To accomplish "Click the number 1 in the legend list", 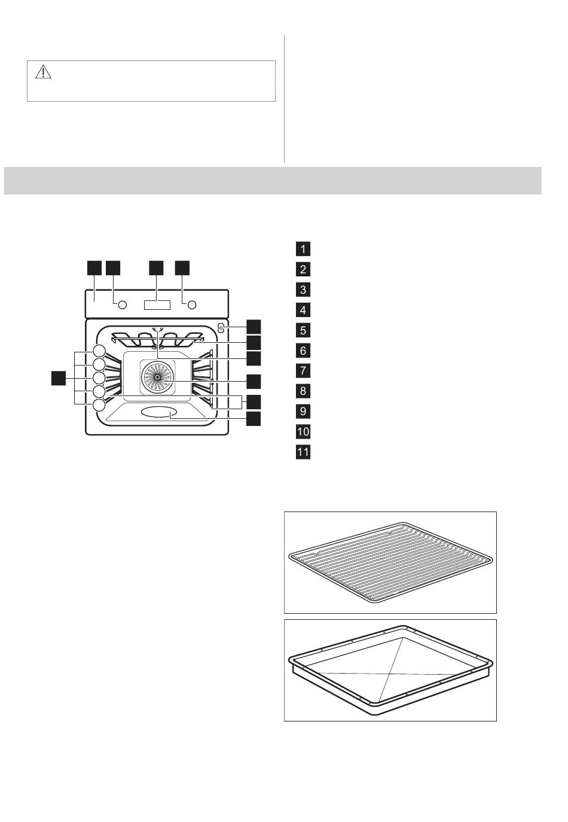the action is pos(303,249).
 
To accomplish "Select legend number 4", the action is pos(303,310).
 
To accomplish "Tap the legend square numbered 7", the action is pos(303,371).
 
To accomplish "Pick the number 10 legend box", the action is pos(303,431).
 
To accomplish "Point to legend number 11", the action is pos(303,452).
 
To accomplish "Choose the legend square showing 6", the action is pos(303,351).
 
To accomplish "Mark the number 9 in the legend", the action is pos(303,412).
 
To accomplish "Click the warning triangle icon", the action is pos(43,72).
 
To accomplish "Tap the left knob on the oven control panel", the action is pos(123,305).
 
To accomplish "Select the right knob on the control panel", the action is pos(191,305).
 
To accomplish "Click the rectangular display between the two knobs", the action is pos(157,305).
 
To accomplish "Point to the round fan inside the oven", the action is pos(157,377).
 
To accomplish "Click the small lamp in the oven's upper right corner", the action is pos(221,328).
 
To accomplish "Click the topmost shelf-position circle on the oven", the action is pos(99,351).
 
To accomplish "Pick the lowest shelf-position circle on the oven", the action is pos(99,405).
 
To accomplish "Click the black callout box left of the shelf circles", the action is pos(59,378).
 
